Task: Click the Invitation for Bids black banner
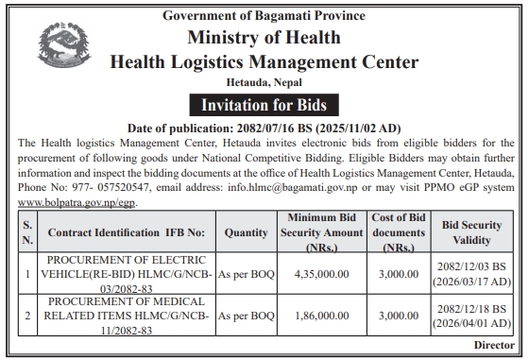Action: tap(264, 104)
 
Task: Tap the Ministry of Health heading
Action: tap(264, 38)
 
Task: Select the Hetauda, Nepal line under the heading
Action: tap(264, 83)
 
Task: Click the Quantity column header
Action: tap(247, 231)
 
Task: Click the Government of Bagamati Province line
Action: tap(264, 14)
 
